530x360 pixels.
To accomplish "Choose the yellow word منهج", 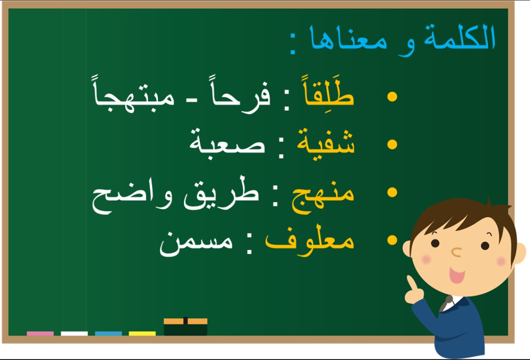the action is [x=323, y=197].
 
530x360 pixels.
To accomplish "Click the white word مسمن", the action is [x=196, y=243].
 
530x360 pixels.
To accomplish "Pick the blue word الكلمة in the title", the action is [x=460, y=37].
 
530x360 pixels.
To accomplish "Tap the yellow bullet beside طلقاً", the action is [x=392, y=97].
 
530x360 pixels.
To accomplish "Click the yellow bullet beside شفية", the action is [x=392, y=145].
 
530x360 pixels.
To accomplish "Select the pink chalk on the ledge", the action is [x=40, y=334].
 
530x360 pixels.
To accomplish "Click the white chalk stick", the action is [x=74, y=334].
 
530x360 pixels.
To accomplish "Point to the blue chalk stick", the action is [x=109, y=334].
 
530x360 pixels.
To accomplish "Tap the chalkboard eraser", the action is [x=186, y=326].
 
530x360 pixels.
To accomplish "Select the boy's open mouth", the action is [x=457, y=274].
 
